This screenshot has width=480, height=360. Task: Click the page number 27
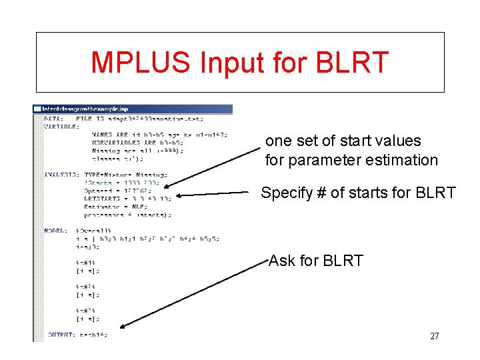[434, 336]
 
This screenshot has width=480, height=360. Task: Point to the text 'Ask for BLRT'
[315, 261]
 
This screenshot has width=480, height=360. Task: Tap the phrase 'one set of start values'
[343, 141]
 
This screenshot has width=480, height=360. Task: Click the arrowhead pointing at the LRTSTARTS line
[179, 196]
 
